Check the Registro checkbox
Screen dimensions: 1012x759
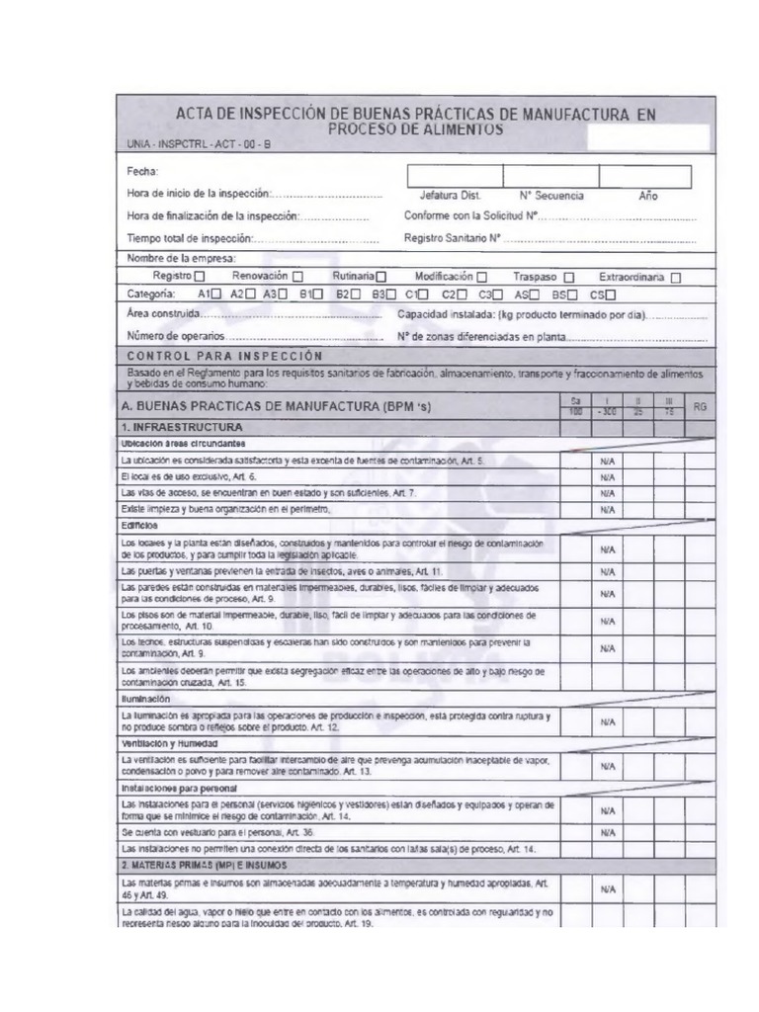coord(202,277)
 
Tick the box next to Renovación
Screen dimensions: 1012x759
coord(297,277)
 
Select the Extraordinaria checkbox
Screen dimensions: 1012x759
coord(676,278)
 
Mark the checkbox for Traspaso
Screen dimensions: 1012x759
coord(568,278)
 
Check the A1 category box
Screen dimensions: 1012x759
coord(215,295)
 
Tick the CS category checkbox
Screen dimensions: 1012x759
coord(610,295)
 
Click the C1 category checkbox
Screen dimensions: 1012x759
coord(423,295)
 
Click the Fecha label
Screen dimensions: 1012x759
coord(143,171)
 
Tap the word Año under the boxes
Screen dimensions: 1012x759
coord(648,196)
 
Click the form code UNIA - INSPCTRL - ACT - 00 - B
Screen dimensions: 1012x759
coord(198,144)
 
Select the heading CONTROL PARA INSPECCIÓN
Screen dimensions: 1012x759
coord(224,356)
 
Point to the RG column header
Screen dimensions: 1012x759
coord(700,406)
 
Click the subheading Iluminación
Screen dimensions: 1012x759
coord(147,698)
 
